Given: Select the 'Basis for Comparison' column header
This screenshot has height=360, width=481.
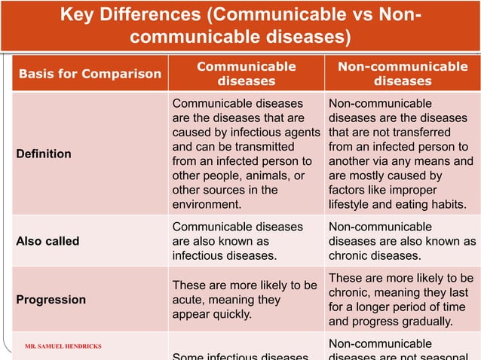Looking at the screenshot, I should coord(90,73).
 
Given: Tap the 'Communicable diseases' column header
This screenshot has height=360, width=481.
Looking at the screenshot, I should coord(246,73).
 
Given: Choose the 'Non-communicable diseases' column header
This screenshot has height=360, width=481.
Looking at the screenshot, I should coord(403,73).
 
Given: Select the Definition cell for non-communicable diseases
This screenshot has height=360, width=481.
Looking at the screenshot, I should coord(401,154).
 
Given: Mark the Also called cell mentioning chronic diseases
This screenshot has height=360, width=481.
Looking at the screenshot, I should coord(401,242).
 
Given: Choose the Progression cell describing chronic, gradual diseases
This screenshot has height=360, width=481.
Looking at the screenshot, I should coord(401,299).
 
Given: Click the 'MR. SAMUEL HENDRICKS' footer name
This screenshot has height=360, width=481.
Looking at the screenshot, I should coord(63,346).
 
